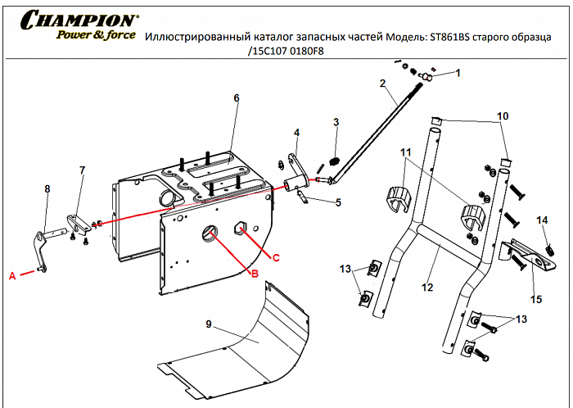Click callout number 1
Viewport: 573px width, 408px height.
pos(458,73)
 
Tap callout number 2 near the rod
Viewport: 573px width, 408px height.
pos(382,84)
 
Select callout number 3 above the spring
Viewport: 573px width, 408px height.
pos(336,123)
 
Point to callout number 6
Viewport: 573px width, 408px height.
pos(236,98)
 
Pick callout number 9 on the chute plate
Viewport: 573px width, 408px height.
pos(209,325)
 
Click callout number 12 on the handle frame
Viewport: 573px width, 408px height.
pos(426,288)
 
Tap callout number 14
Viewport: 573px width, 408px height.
pos(541,220)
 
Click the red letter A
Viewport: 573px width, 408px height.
pos(12,276)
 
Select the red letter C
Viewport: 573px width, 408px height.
pos(276,258)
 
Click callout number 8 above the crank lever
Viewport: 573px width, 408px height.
pos(47,188)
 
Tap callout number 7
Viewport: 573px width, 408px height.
pos(82,170)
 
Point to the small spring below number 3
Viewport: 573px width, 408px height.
pos(334,159)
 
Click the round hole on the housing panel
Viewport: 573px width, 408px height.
pos(210,233)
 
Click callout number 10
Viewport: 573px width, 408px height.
pos(503,116)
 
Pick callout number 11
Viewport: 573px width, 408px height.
pos(405,152)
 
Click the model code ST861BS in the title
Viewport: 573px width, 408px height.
pos(453,37)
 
